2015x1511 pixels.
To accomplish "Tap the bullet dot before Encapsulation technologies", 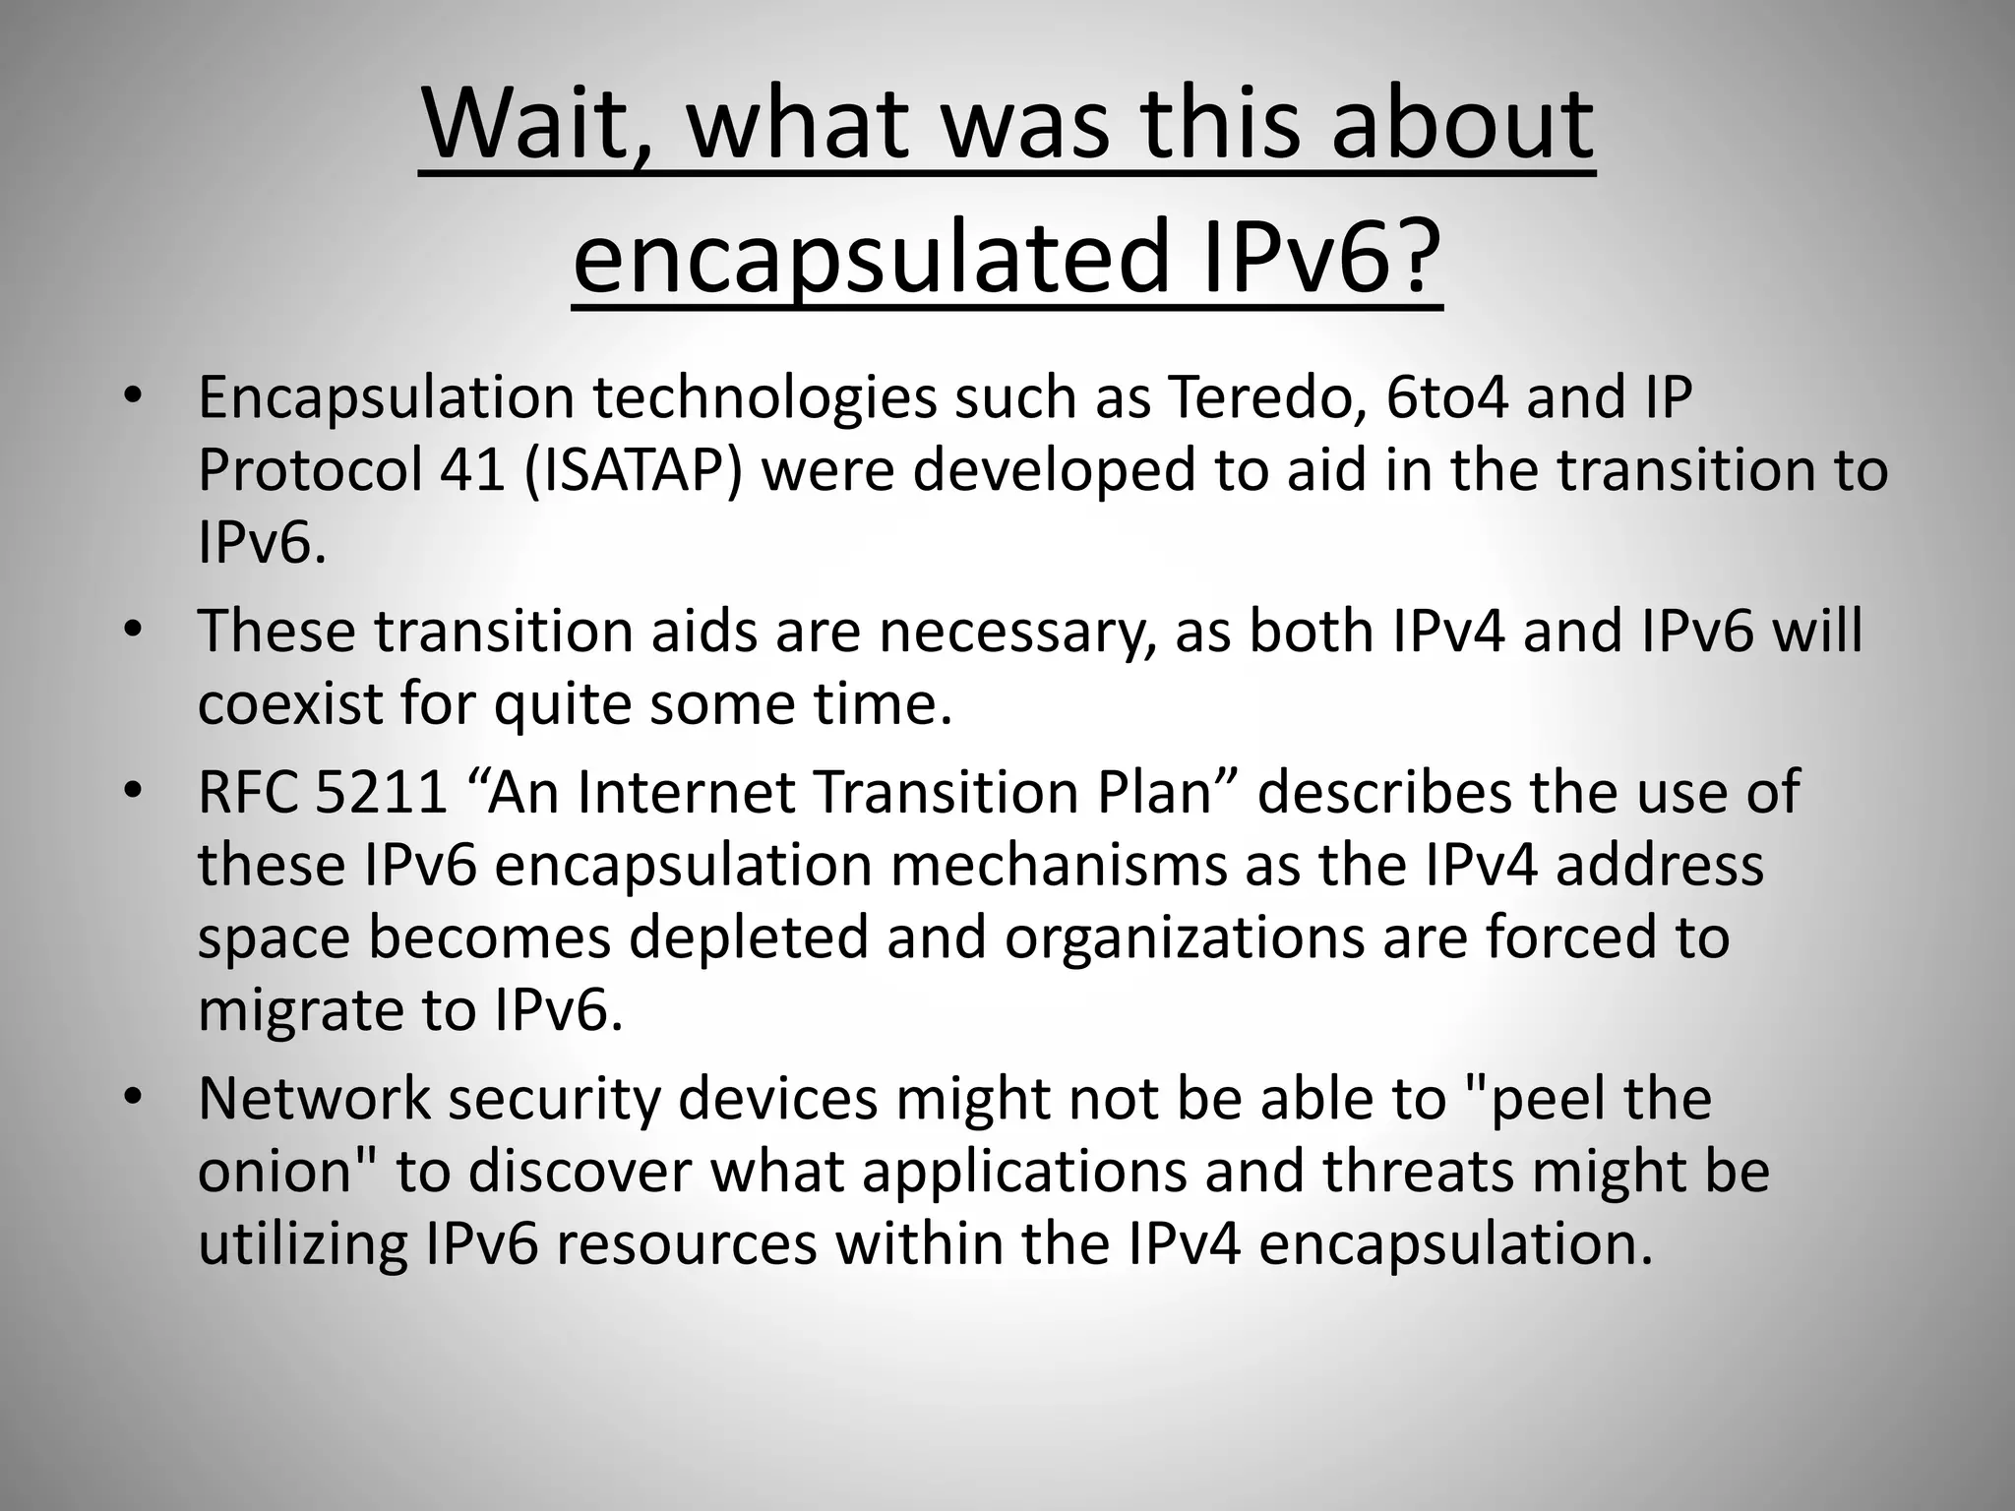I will (134, 397).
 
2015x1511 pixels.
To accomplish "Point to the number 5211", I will (382, 792).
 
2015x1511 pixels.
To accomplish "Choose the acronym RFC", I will (248, 792).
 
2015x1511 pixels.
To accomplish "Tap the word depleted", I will (749, 937).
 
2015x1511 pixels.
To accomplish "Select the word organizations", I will (1185, 937).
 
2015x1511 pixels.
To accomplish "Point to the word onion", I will (275, 1172).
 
